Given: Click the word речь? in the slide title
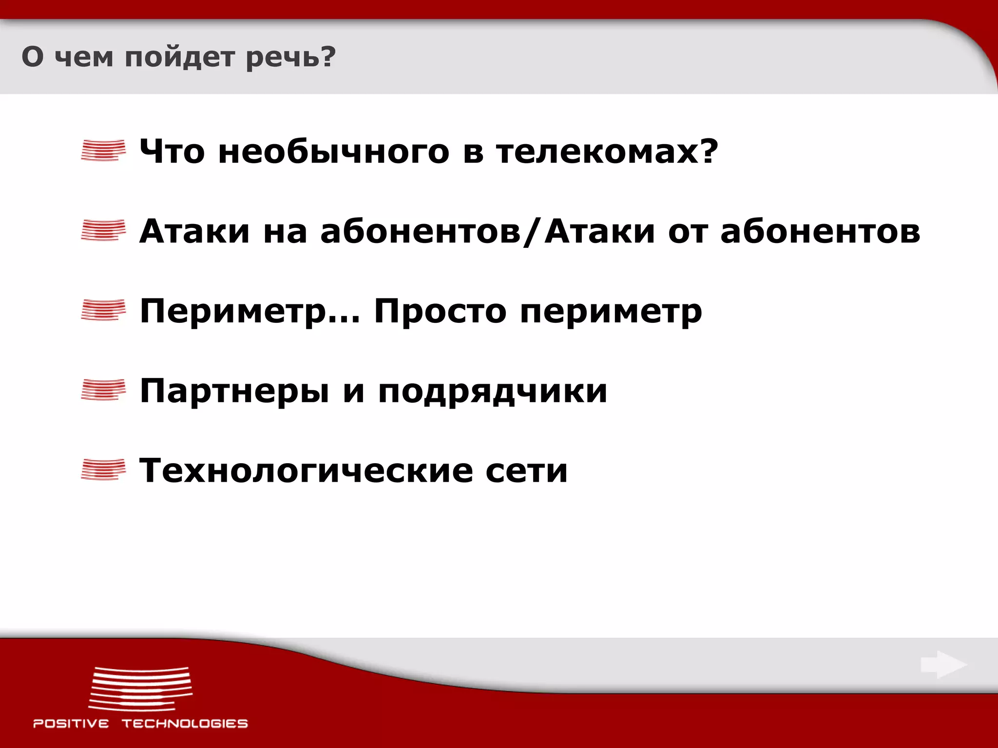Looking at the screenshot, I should point(290,57).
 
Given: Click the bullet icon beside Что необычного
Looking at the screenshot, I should point(103,150).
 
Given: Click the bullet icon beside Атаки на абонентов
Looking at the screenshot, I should point(103,230).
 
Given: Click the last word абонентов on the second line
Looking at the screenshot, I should point(821,231).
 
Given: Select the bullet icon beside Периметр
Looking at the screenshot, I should point(103,310).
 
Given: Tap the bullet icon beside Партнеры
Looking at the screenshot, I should point(103,390).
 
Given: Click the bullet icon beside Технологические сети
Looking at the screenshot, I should point(103,469).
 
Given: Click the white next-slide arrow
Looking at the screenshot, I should point(943,664).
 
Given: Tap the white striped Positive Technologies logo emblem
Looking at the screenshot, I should point(140,689).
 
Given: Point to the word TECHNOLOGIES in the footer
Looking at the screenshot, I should point(185,723).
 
